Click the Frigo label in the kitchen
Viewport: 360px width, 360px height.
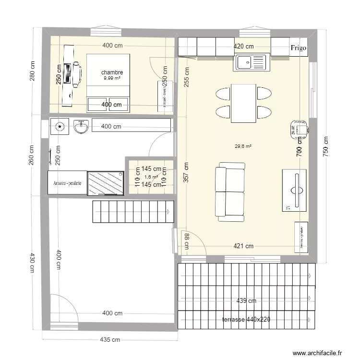click(x=299, y=48)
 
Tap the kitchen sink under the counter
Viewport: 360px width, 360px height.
click(x=250, y=62)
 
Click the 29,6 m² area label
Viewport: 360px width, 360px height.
click(x=243, y=147)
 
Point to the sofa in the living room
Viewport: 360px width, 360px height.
click(x=231, y=192)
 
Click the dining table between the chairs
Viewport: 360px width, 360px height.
click(x=243, y=103)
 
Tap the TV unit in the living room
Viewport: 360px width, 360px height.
click(x=294, y=190)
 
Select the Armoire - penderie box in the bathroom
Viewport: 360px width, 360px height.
click(x=67, y=183)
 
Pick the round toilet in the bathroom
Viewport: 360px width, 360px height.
click(x=60, y=127)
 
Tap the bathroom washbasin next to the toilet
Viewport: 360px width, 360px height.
click(x=81, y=127)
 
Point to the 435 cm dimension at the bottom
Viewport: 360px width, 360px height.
click(x=110, y=340)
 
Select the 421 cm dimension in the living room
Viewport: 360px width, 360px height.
click(x=243, y=246)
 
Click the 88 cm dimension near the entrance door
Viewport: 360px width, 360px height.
click(x=186, y=242)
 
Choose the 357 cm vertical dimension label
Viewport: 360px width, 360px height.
click(x=186, y=172)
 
